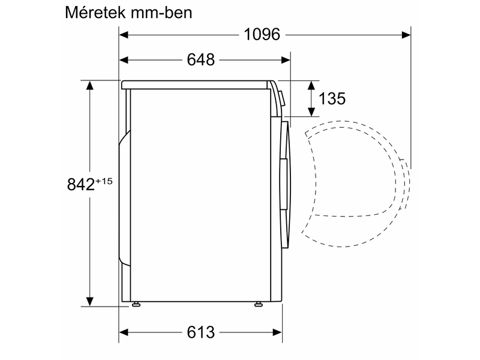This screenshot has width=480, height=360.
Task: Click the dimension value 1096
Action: [x=262, y=35]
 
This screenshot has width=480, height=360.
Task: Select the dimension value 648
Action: [x=200, y=60]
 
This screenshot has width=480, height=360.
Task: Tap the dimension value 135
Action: [x=333, y=99]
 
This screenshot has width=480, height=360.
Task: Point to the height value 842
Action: [x=80, y=184]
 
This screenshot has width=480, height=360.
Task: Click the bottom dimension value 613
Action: [x=200, y=332]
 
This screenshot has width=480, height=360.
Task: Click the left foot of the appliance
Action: [x=137, y=305]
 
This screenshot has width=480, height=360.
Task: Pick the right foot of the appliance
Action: [x=259, y=305]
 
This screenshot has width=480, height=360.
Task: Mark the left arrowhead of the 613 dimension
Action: [x=124, y=332]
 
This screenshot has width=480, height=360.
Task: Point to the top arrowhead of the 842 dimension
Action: [x=90, y=85]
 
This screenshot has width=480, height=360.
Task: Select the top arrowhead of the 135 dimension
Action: [x=312, y=84]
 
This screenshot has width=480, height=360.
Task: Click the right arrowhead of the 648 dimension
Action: [x=286, y=60]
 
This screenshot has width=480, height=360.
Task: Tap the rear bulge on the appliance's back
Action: [x=124, y=198]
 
